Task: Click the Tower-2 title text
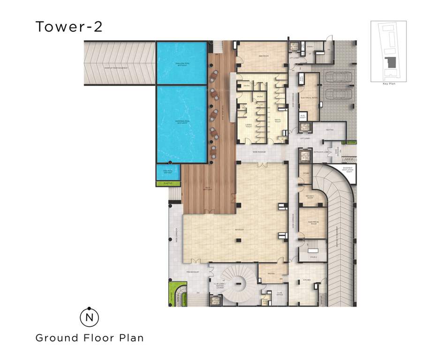pyautogui.click(x=69, y=27)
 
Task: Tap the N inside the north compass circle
pyautogui.click(x=89, y=318)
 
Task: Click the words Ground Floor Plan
pyautogui.click(x=90, y=337)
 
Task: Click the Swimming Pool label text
pyautogui.click(x=181, y=120)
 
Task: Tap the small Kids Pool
pyautogui.click(x=168, y=172)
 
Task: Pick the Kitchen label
pyautogui.click(x=307, y=280)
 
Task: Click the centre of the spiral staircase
pyautogui.click(x=240, y=282)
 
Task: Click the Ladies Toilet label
pyautogui.click(x=248, y=126)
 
